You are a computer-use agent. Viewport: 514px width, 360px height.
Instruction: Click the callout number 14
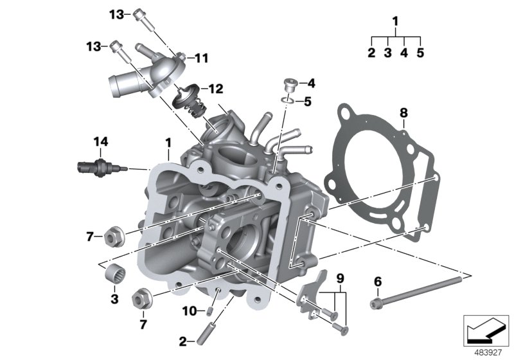point(100,141)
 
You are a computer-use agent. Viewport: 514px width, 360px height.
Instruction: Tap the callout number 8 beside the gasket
point(403,113)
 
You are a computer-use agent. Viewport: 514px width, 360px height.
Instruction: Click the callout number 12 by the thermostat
point(211,89)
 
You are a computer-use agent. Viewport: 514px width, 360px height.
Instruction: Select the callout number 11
point(201,59)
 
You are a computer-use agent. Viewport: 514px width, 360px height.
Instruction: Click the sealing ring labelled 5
point(289,101)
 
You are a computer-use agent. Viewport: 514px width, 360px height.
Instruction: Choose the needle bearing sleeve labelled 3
point(114,272)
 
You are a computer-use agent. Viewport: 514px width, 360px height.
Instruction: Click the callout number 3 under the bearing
point(114,299)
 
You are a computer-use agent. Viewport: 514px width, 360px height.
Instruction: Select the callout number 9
point(341,278)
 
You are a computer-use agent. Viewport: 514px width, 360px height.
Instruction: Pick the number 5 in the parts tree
point(420,53)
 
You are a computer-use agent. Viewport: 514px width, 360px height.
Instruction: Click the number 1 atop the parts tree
point(396,22)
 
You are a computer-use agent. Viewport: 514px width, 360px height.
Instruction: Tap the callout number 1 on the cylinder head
point(168,140)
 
